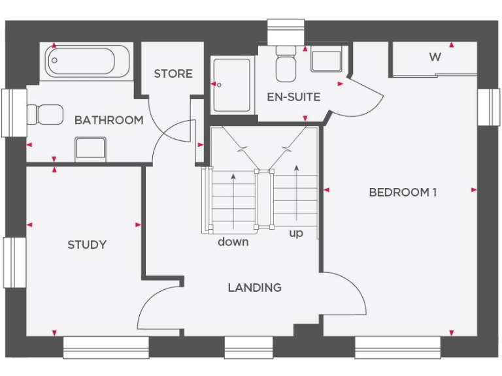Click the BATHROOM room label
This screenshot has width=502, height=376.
[x=109, y=120]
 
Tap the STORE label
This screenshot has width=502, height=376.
[x=173, y=74]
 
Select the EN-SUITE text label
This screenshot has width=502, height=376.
[x=293, y=97]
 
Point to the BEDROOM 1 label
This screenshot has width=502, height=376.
[x=403, y=192]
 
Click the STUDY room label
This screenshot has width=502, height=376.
[x=87, y=245]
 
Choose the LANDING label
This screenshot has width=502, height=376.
[x=254, y=287]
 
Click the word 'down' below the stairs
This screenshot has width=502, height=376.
[x=233, y=242]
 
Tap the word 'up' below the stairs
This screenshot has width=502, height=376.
[x=296, y=233]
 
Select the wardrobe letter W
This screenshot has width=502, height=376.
[x=435, y=57]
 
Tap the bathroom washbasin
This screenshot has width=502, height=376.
[x=90, y=149]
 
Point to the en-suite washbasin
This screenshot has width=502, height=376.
[x=325, y=61]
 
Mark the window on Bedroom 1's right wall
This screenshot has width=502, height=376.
[x=489, y=106]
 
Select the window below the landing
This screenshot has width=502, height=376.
[x=248, y=347]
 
